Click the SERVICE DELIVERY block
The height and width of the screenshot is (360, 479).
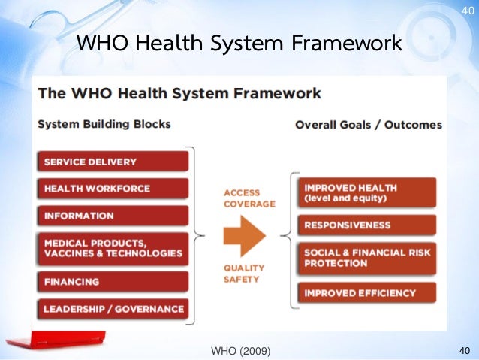[x=111, y=162]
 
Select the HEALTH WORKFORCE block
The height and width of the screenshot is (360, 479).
[x=111, y=189]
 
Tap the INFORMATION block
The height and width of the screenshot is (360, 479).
[x=111, y=216]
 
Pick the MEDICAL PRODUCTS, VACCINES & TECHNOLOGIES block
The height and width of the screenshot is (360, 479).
[x=111, y=248]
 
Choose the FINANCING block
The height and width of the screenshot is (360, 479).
[x=111, y=282]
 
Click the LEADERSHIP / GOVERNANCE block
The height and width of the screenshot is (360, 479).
[x=111, y=308]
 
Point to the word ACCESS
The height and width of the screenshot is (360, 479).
[x=242, y=192]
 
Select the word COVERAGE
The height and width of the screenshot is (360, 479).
[x=249, y=204]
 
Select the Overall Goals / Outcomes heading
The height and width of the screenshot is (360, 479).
[x=368, y=124]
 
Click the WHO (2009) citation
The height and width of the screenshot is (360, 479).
[x=241, y=350]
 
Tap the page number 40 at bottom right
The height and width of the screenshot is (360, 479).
[x=463, y=350]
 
